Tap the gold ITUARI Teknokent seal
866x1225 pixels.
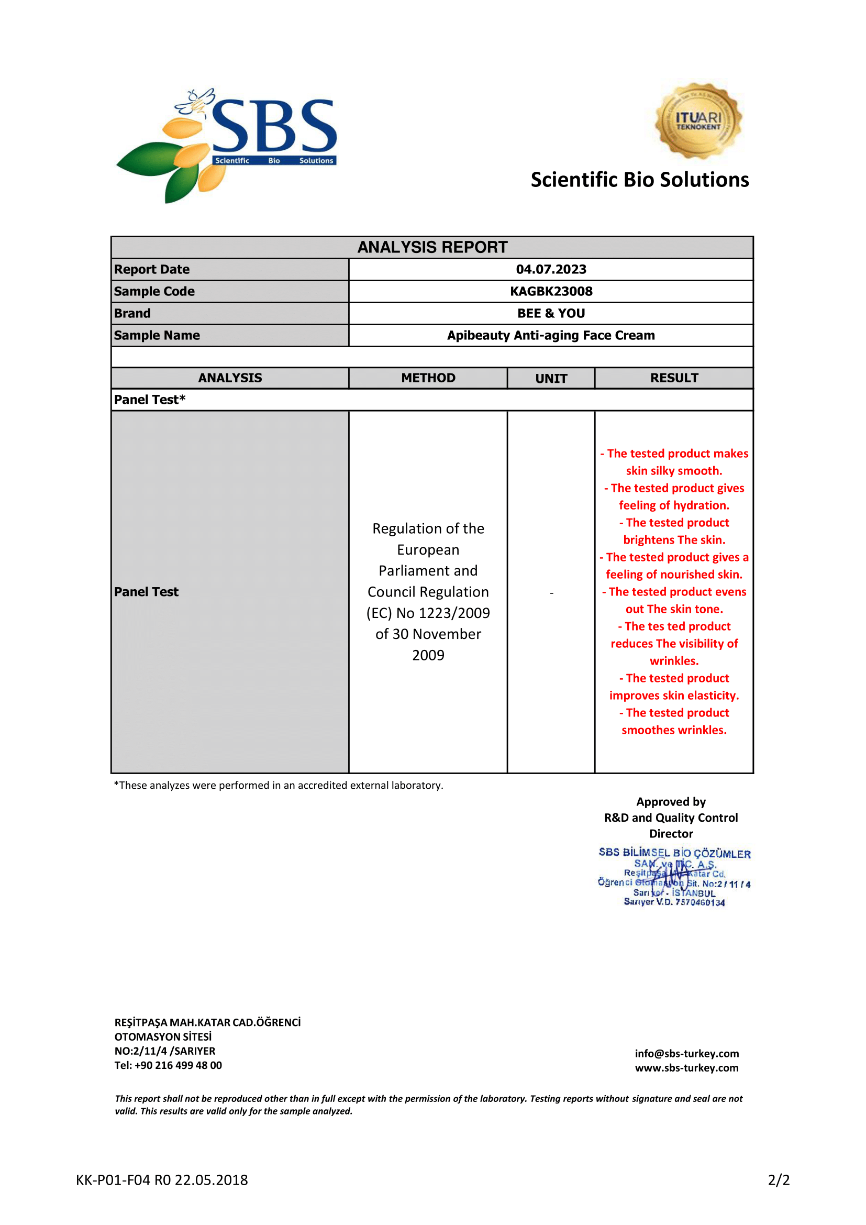click(698, 120)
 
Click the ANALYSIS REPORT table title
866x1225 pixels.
click(432, 247)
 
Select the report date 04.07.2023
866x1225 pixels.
click(551, 269)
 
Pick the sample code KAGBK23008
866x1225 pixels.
click(551, 291)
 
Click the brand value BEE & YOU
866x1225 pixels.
click(551, 313)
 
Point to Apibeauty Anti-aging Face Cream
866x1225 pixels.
click(551, 335)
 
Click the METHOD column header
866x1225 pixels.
click(428, 378)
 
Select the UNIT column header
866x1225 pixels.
click(551, 378)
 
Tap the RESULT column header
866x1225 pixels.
click(674, 378)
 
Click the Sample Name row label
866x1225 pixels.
click(157, 335)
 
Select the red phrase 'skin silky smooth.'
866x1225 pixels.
click(674, 471)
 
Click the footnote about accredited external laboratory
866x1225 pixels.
click(279, 786)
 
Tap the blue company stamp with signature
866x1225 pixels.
click(674, 878)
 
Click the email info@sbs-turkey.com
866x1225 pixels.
click(687, 1054)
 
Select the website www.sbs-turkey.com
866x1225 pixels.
click(687, 1068)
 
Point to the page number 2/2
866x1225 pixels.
click(779, 1180)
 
